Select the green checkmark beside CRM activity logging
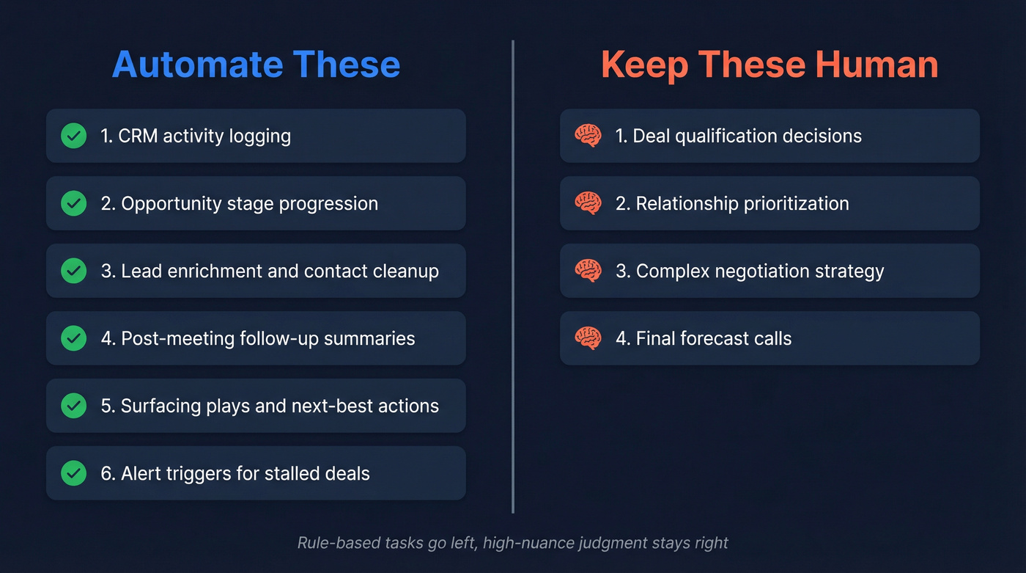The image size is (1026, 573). click(73, 136)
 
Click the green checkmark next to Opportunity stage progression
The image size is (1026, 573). click(73, 203)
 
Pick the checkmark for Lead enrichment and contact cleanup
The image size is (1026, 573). click(73, 271)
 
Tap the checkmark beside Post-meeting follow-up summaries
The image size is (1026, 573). click(73, 338)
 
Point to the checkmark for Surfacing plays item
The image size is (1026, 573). click(73, 406)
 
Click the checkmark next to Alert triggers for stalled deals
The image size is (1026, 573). click(73, 473)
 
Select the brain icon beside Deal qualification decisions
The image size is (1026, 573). click(588, 136)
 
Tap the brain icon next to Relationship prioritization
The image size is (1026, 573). click(588, 203)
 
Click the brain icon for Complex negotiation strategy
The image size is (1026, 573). click(588, 271)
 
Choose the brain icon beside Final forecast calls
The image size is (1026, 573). click(588, 338)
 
